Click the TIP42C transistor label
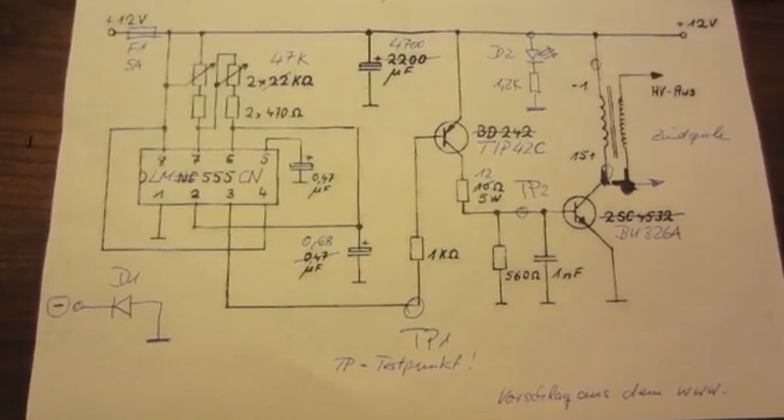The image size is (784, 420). (512, 147)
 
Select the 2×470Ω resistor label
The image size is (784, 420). (281, 112)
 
